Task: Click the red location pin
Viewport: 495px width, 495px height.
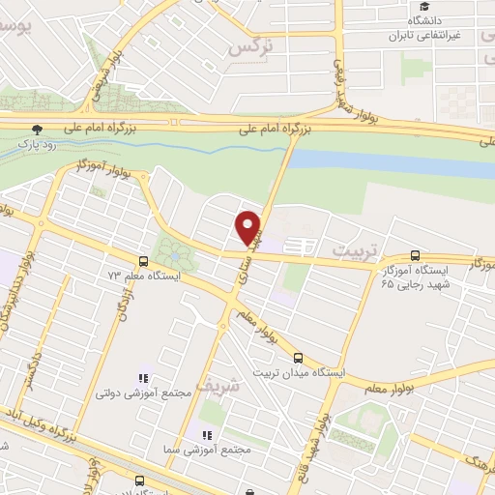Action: coord(249,225)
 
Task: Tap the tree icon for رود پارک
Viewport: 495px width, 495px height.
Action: coord(37,129)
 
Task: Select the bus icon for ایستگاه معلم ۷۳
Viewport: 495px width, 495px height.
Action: coord(143,260)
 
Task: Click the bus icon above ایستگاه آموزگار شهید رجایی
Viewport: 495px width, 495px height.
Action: coord(415,256)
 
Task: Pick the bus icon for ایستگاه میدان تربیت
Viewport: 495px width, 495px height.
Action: coord(298,357)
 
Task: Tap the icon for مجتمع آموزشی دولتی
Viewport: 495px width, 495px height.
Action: coord(143,378)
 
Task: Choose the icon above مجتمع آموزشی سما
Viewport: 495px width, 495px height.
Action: coord(205,433)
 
